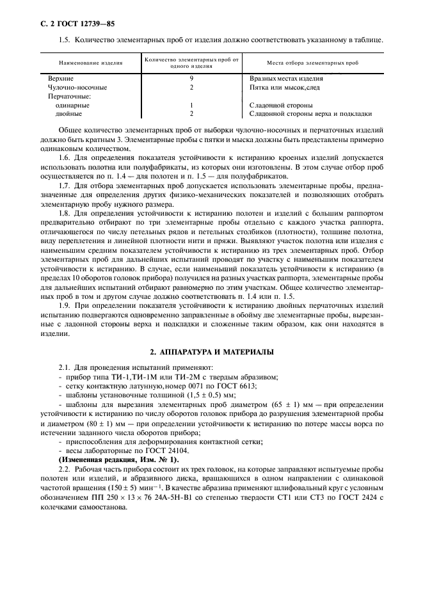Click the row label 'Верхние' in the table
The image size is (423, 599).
click(61, 77)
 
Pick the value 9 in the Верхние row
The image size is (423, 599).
click(191, 77)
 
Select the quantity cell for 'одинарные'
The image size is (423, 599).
click(191, 104)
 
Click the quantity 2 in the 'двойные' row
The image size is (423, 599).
click(191, 113)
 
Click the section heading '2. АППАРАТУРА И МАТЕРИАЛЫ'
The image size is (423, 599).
click(211, 351)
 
